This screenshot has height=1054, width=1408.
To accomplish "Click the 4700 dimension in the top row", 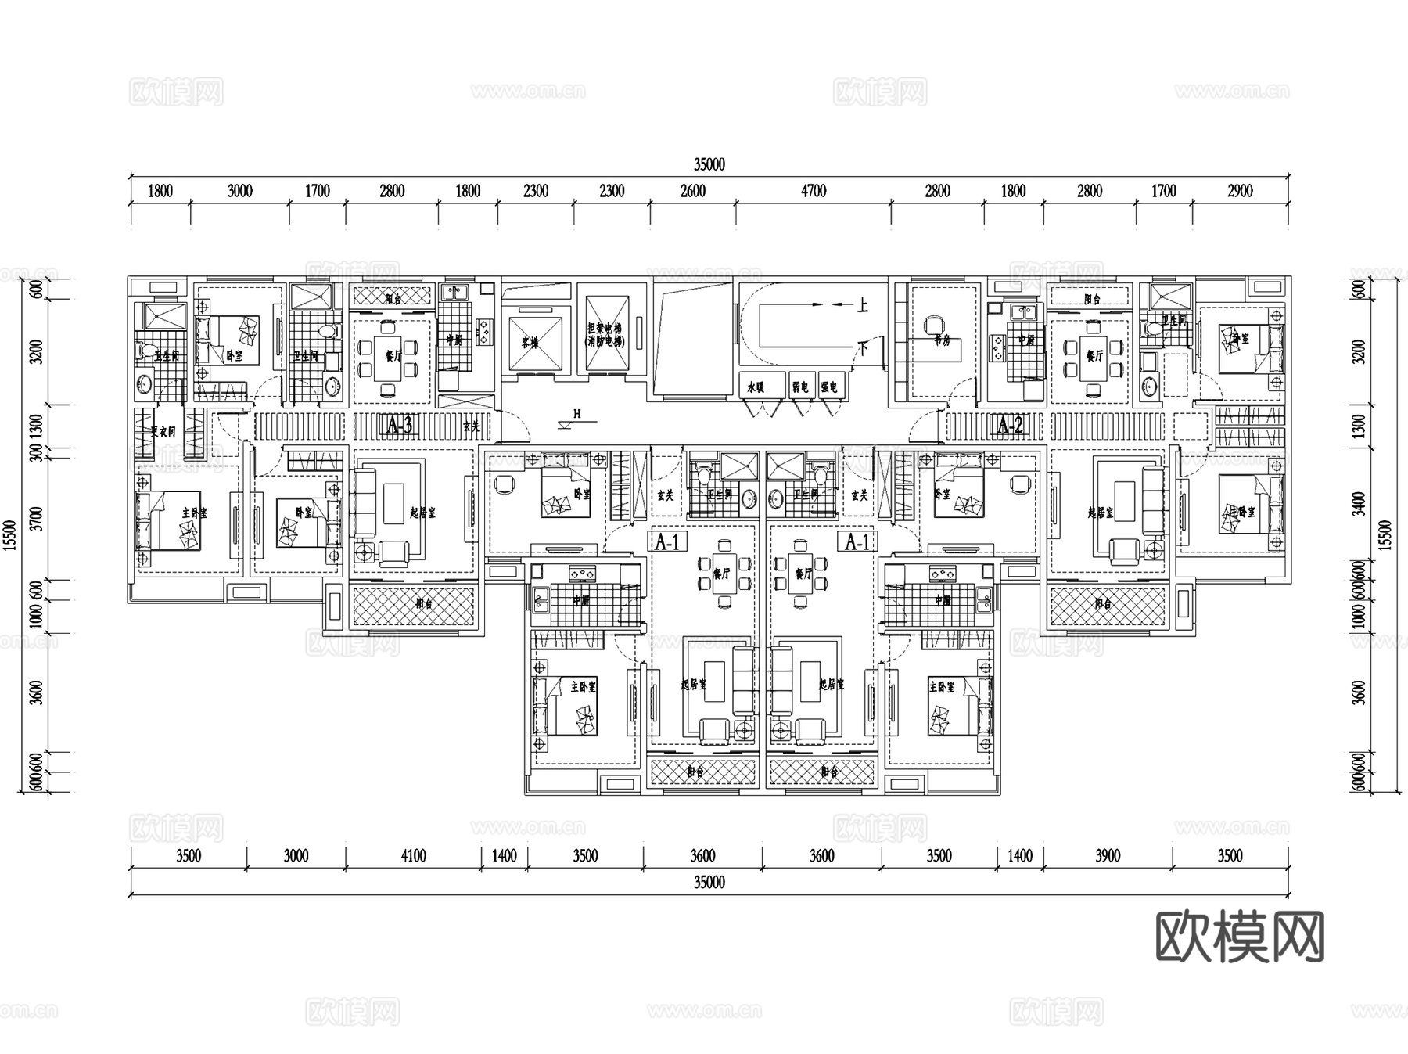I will tap(813, 191).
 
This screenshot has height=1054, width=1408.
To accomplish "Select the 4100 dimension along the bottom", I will tap(413, 856).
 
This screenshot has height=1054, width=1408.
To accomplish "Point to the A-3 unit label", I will tap(399, 426).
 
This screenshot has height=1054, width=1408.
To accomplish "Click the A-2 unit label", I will tap(1010, 426).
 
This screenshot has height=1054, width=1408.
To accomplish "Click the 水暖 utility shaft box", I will tap(755, 387).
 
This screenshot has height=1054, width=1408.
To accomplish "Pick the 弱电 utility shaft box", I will tap(799, 387).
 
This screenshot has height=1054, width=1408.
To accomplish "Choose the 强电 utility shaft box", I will tap(829, 387).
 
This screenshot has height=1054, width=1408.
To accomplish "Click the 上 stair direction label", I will tap(862, 305).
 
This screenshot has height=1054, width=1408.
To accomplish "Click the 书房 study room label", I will tap(942, 341).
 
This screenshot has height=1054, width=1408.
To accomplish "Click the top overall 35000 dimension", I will tap(709, 164).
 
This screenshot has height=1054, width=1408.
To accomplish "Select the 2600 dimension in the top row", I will tap(692, 191).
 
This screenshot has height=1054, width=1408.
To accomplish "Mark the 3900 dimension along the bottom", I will tap(1108, 856).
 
